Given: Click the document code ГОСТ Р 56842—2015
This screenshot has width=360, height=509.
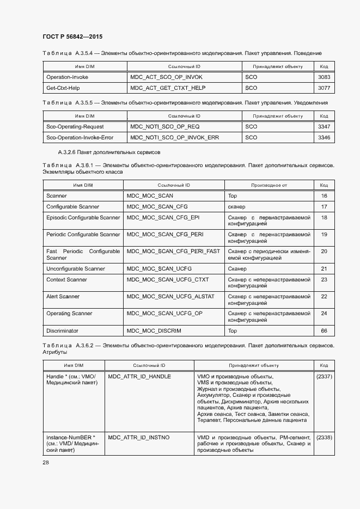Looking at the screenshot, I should (72, 36).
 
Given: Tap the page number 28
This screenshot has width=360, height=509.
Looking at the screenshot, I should (46, 462).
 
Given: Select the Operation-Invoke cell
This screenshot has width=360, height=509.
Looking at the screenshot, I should (67, 77).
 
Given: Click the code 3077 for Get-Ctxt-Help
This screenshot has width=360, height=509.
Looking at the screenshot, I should (324, 88).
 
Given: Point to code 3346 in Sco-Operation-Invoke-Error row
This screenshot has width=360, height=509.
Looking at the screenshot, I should (324, 138).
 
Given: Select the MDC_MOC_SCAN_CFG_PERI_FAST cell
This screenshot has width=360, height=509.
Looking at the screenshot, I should (173, 252).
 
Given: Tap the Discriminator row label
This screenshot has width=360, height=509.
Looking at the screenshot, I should (62, 330).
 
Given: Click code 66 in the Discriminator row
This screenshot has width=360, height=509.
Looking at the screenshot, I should (324, 330).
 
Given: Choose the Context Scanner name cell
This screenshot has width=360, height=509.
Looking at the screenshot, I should (66, 280).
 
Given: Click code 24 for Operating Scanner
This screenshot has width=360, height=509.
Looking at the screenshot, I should (324, 314).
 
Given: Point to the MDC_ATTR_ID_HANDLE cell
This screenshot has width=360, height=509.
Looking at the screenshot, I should (139, 377).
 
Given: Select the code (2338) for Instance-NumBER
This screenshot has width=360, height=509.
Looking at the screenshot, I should (324, 437).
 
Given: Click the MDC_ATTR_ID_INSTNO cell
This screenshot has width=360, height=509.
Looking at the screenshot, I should (139, 437).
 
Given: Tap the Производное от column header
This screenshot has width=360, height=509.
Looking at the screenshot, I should (269, 185).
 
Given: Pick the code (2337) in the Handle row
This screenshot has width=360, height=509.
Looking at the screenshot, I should (324, 377).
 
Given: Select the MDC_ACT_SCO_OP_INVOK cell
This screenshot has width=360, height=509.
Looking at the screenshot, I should (166, 77).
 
